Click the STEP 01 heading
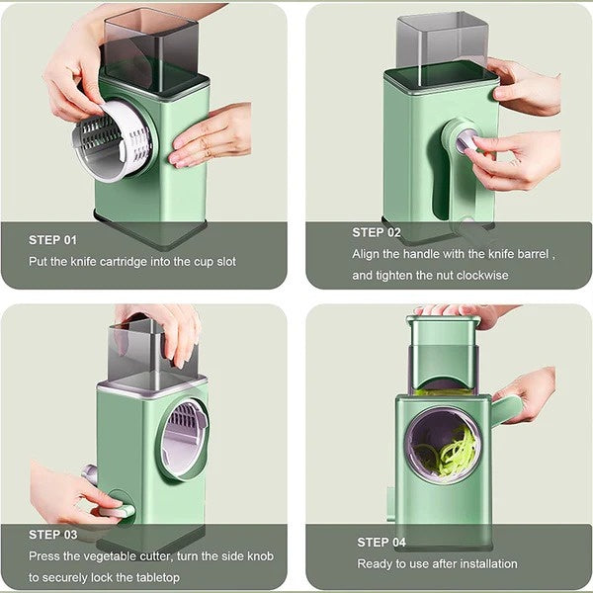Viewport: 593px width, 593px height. coord(52,239)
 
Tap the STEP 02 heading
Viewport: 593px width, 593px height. coord(377,232)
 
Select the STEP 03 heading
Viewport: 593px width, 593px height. coord(52,535)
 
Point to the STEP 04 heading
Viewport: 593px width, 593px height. coord(381,542)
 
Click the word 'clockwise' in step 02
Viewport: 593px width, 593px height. coord(480,275)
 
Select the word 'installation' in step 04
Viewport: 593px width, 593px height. coord(485,563)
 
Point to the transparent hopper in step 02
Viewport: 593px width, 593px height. coord(442,42)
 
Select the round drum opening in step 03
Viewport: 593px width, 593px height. coord(185,436)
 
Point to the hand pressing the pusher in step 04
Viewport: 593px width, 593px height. coord(465,311)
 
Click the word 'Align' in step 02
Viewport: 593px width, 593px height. coord(368,253)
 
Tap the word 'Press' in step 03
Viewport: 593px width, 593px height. coord(44,555)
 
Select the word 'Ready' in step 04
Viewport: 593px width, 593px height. coord(374,563)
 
